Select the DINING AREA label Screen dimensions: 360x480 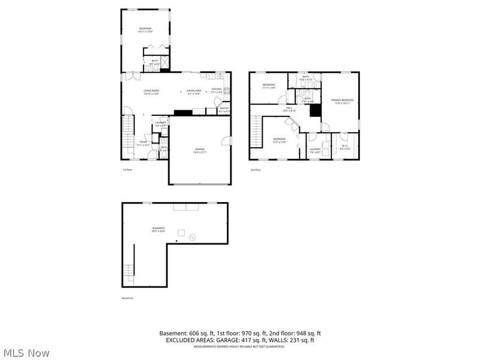point(193,91)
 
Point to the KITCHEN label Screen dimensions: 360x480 point(216,90)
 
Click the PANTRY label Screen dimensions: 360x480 point(224,109)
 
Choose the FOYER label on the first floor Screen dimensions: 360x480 point(143,143)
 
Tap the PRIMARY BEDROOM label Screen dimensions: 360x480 point(342,101)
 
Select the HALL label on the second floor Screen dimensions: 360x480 point(289,109)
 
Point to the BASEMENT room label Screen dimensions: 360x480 point(158,229)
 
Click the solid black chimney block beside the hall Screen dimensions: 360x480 point(313,112)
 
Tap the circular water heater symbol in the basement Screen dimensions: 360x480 point(193,238)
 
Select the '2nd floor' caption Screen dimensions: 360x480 point(256,170)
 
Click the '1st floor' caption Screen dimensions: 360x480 point(127,170)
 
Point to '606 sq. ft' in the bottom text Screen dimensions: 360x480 point(202,333)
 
